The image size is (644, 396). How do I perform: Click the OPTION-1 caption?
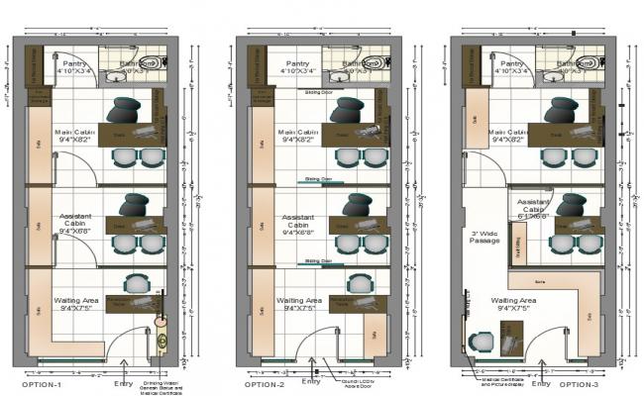pos(43,383)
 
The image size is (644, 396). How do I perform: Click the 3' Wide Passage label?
pos(483,237)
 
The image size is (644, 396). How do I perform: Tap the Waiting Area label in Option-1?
pos(76,304)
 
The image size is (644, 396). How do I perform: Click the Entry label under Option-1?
pos(124,382)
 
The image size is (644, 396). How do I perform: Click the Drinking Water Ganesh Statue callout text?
pos(163,383)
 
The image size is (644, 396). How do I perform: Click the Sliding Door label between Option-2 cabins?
pos(317,180)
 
